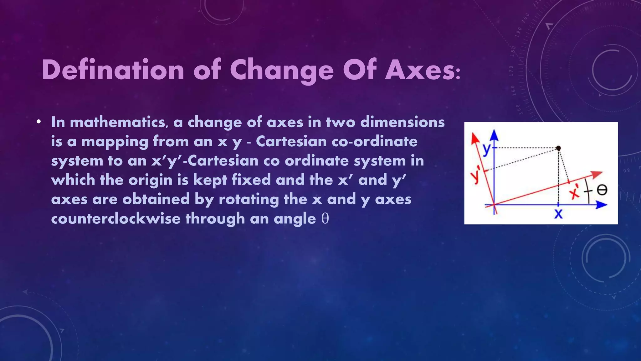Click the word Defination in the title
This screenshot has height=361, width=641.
113,70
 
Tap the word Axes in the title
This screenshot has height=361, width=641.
419,70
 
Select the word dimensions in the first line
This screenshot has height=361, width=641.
402,122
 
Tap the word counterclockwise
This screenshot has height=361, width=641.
115,219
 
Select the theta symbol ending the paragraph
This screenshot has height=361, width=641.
325,219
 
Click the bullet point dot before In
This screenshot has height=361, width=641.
38,122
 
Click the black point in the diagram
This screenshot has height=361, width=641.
558,148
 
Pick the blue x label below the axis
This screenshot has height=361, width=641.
558,214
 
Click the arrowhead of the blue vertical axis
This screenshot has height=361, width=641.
494,135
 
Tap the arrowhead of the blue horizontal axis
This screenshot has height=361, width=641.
602,205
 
